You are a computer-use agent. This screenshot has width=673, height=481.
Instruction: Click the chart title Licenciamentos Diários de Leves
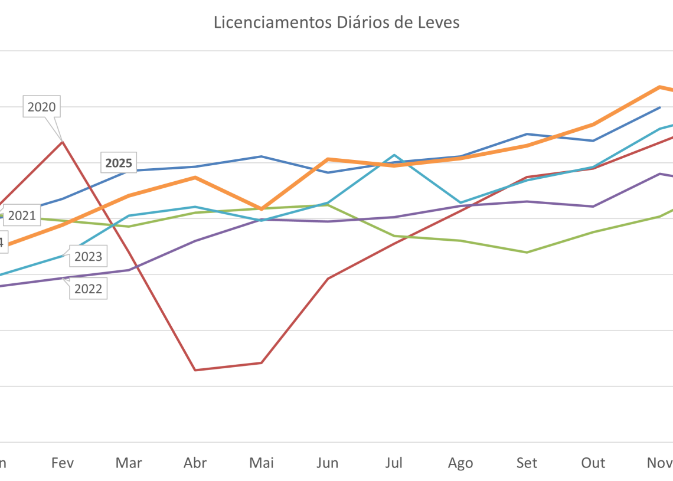coord(336,22)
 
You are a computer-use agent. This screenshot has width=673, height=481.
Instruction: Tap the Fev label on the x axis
coord(63,463)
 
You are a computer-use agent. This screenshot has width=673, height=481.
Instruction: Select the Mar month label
coord(129,463)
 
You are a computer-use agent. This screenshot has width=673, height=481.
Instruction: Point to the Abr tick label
coord(195,463)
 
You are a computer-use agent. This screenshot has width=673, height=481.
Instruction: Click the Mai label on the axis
coord(262,463)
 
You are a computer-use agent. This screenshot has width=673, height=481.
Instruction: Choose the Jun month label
coord(328,463)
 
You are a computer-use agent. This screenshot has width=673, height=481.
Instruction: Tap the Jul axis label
coord(394,463)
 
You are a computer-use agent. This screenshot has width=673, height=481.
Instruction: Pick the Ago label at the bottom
coord(460,463)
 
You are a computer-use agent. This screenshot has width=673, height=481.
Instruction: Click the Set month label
coord(527,463)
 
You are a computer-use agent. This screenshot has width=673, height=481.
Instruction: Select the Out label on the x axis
coord(593,463)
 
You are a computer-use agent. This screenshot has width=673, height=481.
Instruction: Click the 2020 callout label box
coord(41,107)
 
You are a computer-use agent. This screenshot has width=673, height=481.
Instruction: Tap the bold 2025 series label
coord(119,163)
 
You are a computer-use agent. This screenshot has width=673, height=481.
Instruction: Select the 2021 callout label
coord(22,215)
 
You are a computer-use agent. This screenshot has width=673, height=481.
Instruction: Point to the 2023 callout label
coord(88,256)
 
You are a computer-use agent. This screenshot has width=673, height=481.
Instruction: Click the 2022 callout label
coord(88,289)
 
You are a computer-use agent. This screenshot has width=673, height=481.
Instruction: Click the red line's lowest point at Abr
coord(195,370)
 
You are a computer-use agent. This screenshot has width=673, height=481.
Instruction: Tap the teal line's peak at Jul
coord(394,155)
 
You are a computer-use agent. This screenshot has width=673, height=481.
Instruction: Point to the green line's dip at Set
coord(527,252)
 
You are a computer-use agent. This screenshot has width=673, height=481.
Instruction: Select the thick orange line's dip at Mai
coord(262,209)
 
